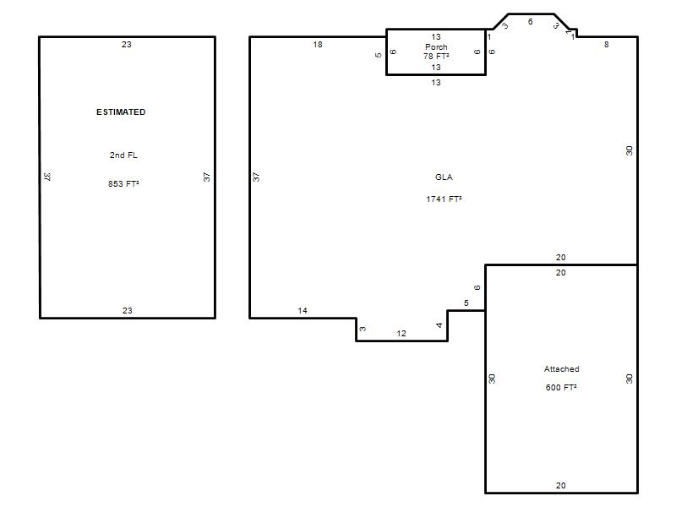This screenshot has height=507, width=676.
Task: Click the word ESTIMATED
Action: coord(121,112)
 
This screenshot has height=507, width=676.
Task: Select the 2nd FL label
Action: coord(123,155)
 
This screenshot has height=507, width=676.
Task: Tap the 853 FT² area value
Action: coord(123,183)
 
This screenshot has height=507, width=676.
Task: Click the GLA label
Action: coord(444,177)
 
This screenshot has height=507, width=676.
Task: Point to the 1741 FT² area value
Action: coord(444,199)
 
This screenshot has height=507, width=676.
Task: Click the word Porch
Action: coord(436,46)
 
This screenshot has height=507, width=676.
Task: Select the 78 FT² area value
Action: coord(436,57)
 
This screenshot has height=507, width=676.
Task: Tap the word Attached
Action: coord(561,369)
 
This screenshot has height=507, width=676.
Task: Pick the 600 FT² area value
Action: coord(561,388)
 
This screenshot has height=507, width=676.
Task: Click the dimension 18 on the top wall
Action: coord(318,45)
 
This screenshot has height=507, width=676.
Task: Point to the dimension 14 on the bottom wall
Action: coord(303,310)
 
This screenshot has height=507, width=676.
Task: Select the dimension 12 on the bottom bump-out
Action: coord(401,333)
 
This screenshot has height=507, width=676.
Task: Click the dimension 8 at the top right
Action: coord(606,45)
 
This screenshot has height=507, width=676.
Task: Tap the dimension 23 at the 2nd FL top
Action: coord(126,45)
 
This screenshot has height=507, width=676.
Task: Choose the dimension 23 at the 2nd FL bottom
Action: coord(128,310)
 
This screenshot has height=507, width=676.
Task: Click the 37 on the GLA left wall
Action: coord(257,177)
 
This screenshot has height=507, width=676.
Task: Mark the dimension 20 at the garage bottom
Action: coord(560,485)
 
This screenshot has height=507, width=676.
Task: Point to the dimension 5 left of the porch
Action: coord(378,55)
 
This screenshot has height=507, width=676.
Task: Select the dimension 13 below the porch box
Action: coord(436,82)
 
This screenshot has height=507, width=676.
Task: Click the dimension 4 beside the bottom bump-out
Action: coord(439,325)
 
